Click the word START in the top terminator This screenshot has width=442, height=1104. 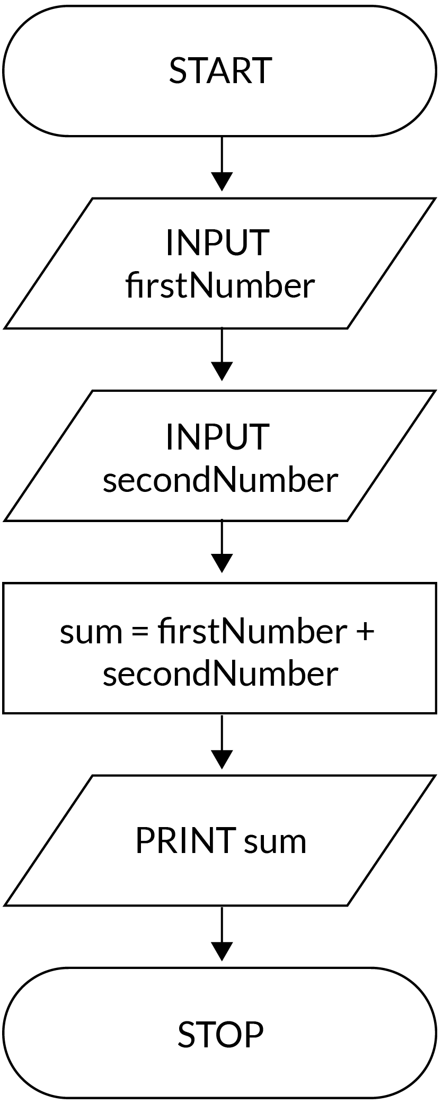pyautogui.click(x=220, y=70)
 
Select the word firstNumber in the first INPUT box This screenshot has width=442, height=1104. pyautogui.click(x=220, y=285)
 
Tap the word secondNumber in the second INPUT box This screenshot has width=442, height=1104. pyautogui.click(x=220, y=480)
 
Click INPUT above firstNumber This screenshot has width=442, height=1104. pyautogui.click(x=218, y=243)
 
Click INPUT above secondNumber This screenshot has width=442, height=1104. pyautogui.click(x=218, y=437)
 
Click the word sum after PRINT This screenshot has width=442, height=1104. pyautogui.click(x=275, y=842)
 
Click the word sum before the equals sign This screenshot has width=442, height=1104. pyautogui.click(x=91, y=634)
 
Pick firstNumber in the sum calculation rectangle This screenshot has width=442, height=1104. pyautogui.click(x=252, y=632)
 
